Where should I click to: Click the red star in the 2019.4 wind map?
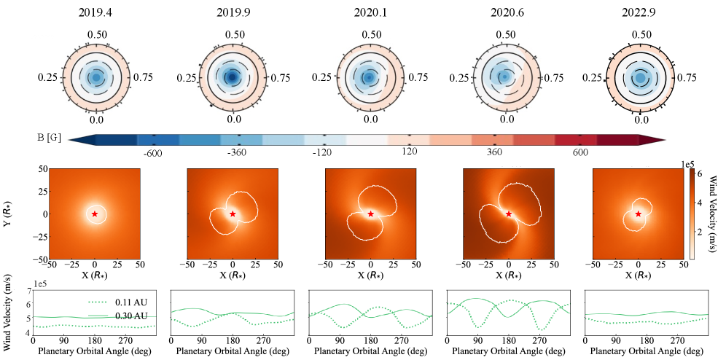[95, 214]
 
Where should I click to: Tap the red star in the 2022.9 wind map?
[639, 214]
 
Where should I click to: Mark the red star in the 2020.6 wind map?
[509, 214]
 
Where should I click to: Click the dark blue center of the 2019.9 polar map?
[233, 77]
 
